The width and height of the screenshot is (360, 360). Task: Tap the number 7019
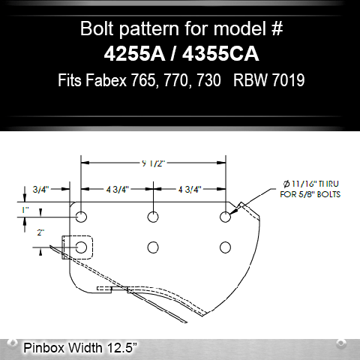286,79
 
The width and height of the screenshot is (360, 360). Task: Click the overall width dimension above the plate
154,160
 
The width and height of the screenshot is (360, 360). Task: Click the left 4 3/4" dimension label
118,189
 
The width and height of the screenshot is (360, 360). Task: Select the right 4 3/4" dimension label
190,189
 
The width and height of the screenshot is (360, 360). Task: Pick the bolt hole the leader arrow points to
225,217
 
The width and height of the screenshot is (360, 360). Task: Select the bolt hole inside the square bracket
82,246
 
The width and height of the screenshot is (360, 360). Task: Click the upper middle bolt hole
154,217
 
